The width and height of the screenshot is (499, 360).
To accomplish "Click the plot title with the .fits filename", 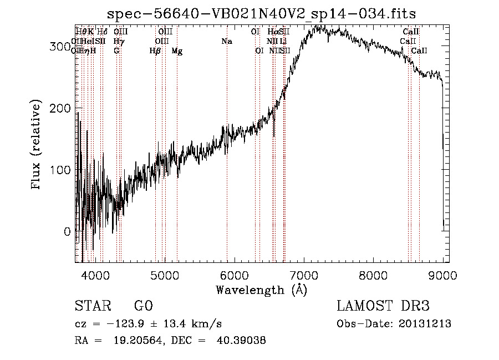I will pyautogui.click(x=262, y=13).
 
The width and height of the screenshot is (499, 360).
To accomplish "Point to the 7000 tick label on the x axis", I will pyautogui.click(x=303, y=274).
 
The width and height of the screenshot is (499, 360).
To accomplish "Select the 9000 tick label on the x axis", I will pyautogui.click(x=442, y=274).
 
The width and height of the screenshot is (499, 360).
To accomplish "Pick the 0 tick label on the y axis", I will pyautogui.click(x=67, y=231).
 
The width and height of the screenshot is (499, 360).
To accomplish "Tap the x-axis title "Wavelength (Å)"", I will pyautogui.click(x=261, y=289).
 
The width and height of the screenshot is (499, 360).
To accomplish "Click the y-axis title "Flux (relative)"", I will pyautogui.click(x=37, y=145).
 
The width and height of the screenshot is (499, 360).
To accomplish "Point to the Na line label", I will pyautogui.click(x=226, y=41).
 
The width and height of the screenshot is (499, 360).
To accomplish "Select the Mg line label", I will pyautogui.click(x=177, y=51).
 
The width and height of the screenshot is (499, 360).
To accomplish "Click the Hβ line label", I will pyautogui.click(x=155, y=51).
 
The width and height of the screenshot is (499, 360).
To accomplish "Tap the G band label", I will pyautogui.click(x=116, y=51).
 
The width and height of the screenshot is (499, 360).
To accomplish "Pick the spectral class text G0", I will pyautogui.click(x=144, y=306).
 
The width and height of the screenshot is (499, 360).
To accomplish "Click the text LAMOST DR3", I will pyautogui.click(x=383, y=306).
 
